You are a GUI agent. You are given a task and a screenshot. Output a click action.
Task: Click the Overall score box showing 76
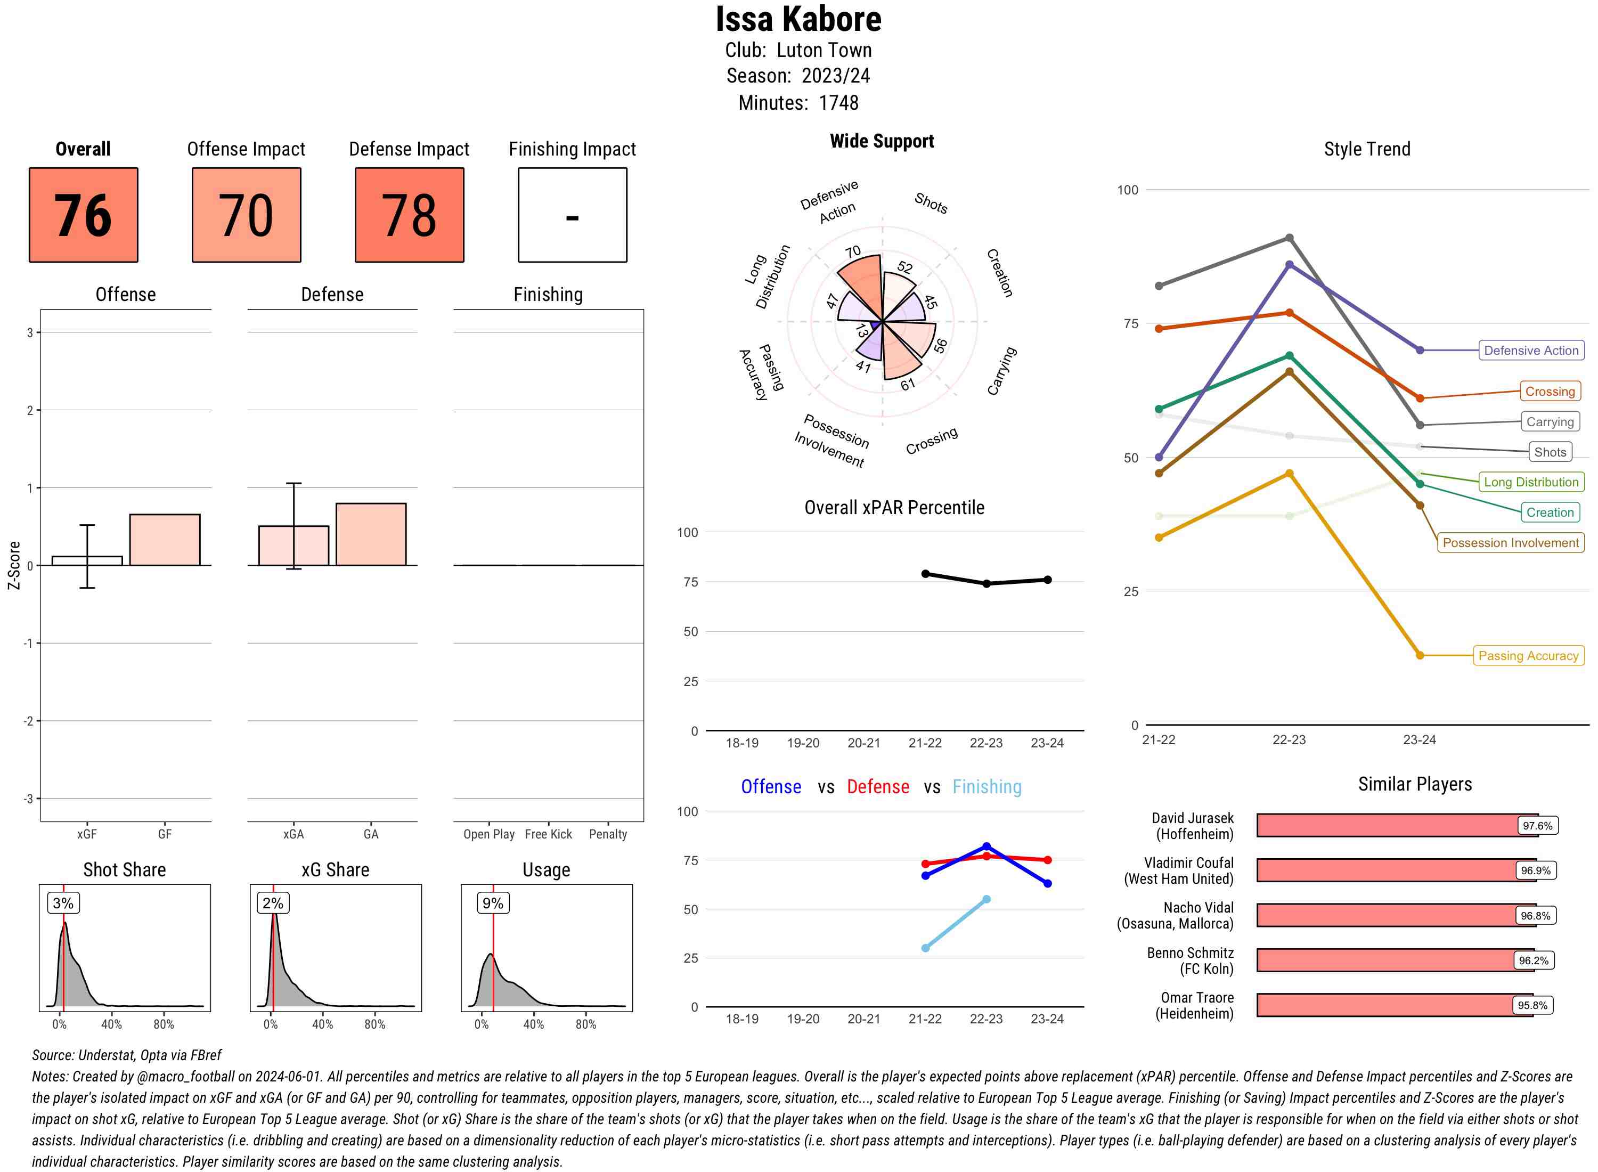pyautogui.click(x=83, y=215)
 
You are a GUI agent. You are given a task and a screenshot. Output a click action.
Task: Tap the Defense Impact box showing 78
pyautogui.click(x=409, y=215)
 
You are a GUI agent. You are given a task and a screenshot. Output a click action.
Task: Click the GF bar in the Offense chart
pyautogui.click(x=165, y=540)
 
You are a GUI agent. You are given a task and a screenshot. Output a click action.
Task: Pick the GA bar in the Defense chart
pyautogui.click(x=371, y=534)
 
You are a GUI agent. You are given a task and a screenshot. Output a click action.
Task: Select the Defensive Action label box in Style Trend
pyautogui.click(x=1531, y=351)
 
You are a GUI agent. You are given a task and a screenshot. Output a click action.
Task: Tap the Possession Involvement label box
pyautogui.click(x=1510, y=543)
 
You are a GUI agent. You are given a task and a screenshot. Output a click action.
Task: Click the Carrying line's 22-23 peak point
pyautogui.click(x=1289, y=238)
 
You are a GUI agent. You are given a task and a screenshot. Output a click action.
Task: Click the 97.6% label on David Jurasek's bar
pyautogui.click(x=1537, y=826)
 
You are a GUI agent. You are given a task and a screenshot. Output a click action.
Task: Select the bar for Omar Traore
pyautogui.click(x=1394, y=1005)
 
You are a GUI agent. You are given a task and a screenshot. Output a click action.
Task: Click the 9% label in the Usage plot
pyautogui.click(x=492, y=903)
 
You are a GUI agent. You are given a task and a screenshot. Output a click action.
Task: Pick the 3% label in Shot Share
pyautogui.click(x=63, y=903)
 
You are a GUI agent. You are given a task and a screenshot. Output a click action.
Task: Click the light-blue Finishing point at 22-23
pyautogui.click(x=986, y=900)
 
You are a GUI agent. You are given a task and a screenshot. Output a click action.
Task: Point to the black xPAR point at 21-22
pyautogui.click(x=925, y=574)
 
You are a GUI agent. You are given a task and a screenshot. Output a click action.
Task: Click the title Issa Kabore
pyautogui.click(x=798, y=19)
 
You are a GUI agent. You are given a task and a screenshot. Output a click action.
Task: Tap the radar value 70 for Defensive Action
pyautogui.click(x=853, y=252)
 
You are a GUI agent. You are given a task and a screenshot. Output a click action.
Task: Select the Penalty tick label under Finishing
pyautogui.click(x=608, y=834)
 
